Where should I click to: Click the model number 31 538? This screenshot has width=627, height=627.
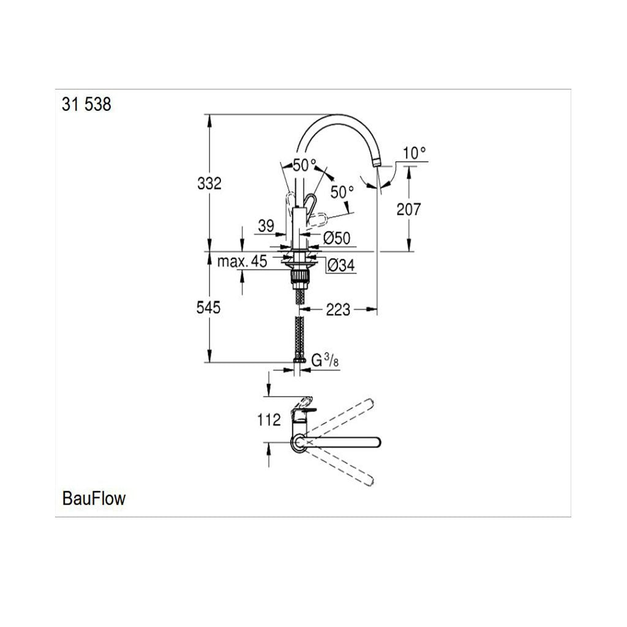click(86, 104)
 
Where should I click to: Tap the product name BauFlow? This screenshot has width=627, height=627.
click(94, 498)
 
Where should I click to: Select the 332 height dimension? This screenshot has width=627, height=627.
click(209, 184)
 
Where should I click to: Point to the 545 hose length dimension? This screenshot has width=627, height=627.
click(208, 307)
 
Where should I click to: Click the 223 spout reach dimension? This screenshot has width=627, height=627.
click(338, 309)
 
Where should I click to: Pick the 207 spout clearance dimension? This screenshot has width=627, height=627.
click(408, 209)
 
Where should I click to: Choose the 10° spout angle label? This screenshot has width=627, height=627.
click(415, 152)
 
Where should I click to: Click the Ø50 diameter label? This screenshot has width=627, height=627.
click(337, 238)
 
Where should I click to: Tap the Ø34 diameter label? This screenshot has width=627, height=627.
click(340, 265)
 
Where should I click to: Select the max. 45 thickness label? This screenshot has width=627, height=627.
click(242, 261)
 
